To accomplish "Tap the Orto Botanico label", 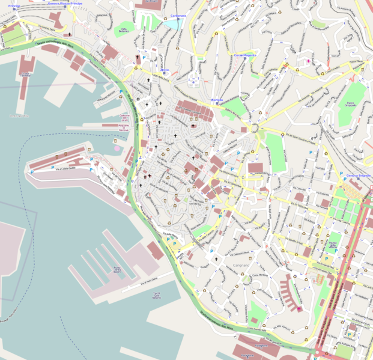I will pos(124,29).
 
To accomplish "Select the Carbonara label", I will pos(178,15).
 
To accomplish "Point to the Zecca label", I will pos(164,70).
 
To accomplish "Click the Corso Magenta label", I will pos(244,55).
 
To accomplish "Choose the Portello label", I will pos(217,100).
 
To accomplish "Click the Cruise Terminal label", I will pos(24,75).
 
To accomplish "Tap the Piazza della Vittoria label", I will pos(334,245).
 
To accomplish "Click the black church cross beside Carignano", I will pos(215,258).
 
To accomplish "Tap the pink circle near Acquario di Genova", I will pos(116,148).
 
